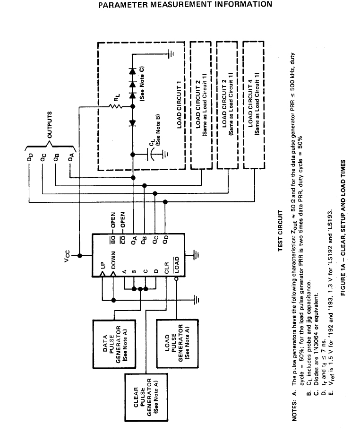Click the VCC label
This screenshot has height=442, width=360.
pos(69,257)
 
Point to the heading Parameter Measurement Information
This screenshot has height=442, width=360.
pos(185,5)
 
